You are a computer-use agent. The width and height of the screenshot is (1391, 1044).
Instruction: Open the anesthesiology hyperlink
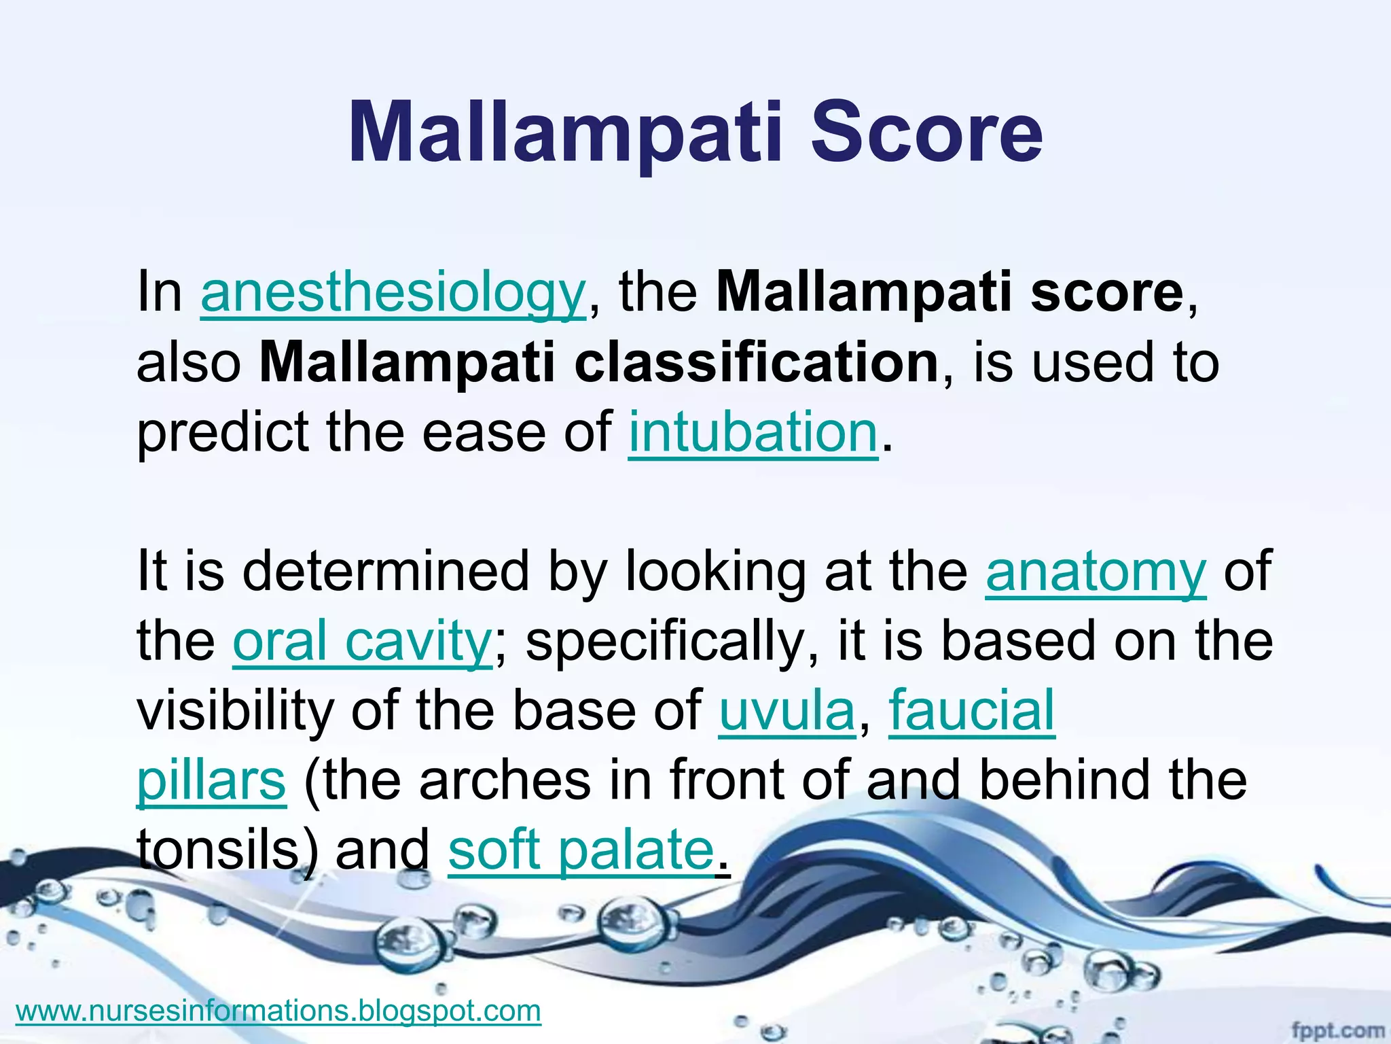[393, 294]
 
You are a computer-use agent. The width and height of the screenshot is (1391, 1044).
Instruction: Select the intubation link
[753, 433]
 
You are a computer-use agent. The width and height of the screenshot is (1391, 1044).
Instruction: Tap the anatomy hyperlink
[1096, 572]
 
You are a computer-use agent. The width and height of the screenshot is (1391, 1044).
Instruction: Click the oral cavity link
[362, 642]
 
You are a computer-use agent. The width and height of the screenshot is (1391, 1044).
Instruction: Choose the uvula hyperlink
[787, 711]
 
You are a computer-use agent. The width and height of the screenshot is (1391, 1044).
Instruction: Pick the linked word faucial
[971, 711]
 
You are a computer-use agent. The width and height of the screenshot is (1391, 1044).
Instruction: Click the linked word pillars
[211, 781]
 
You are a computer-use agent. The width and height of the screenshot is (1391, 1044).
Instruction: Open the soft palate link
[581, 850]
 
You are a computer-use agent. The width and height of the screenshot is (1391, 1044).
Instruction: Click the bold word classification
[756, 363]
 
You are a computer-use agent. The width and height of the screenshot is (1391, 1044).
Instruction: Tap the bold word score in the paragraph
[1107, 294]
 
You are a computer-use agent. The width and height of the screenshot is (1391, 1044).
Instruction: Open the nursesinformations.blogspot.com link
[278, 1011]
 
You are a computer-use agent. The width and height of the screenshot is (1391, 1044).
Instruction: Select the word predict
[223, 433]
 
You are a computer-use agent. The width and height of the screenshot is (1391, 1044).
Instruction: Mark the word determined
[385, 572]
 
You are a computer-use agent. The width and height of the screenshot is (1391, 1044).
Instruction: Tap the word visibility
[235, 711]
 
